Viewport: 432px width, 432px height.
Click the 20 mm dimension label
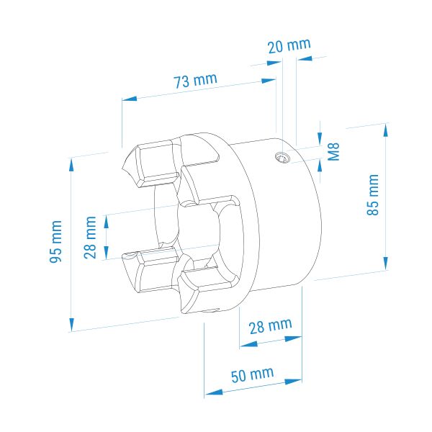click(x=289, y=46)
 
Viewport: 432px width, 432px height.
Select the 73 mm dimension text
click(x=195, y=81)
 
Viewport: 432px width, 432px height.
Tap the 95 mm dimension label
click(x=55, y=242)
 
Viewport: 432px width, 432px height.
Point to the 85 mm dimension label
click(x=373, y=194)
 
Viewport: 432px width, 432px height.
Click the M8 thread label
click(x=333, y=151)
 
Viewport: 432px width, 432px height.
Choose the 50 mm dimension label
click(x=252, y=374)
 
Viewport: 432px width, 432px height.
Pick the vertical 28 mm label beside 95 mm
click(x=90, y=238)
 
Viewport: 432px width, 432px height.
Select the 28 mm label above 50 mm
click(x=270, y=326)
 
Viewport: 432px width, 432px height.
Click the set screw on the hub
click(x=282, y=158)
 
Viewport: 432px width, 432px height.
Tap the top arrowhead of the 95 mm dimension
click(x=71, y=165)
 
